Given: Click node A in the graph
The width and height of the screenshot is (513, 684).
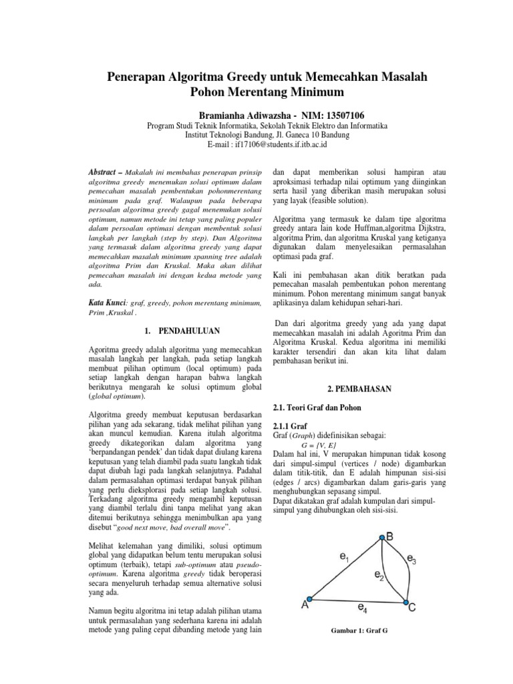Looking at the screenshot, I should (x=309, y=598).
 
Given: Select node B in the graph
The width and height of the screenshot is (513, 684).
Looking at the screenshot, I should (x=381, y=518).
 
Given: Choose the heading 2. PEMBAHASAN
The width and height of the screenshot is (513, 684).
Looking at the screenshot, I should (x=360, y=388).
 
